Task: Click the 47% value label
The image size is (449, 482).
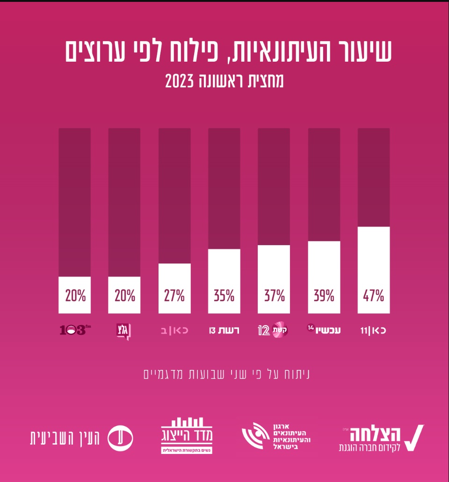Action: tap(373, 296)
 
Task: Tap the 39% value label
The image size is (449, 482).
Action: tap(324, 296)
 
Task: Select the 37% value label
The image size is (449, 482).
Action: tap(274, 296)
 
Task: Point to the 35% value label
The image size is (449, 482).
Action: tap(224, 296)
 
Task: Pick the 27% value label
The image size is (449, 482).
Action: tap(174, 296)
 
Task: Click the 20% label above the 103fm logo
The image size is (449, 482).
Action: tap(75, 296)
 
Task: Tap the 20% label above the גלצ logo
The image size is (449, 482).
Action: tap(124, 296)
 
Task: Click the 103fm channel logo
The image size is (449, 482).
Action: tap(74, 331)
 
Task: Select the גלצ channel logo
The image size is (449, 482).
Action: tap(123, 331)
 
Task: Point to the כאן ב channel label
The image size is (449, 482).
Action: tap(174, 331)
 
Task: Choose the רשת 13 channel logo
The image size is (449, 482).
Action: tap(224, 331)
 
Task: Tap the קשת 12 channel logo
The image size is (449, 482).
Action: tap(273, 330)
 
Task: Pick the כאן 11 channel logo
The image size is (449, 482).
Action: tap(373, 331)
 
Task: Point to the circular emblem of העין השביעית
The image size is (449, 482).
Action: tap(120, 438)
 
